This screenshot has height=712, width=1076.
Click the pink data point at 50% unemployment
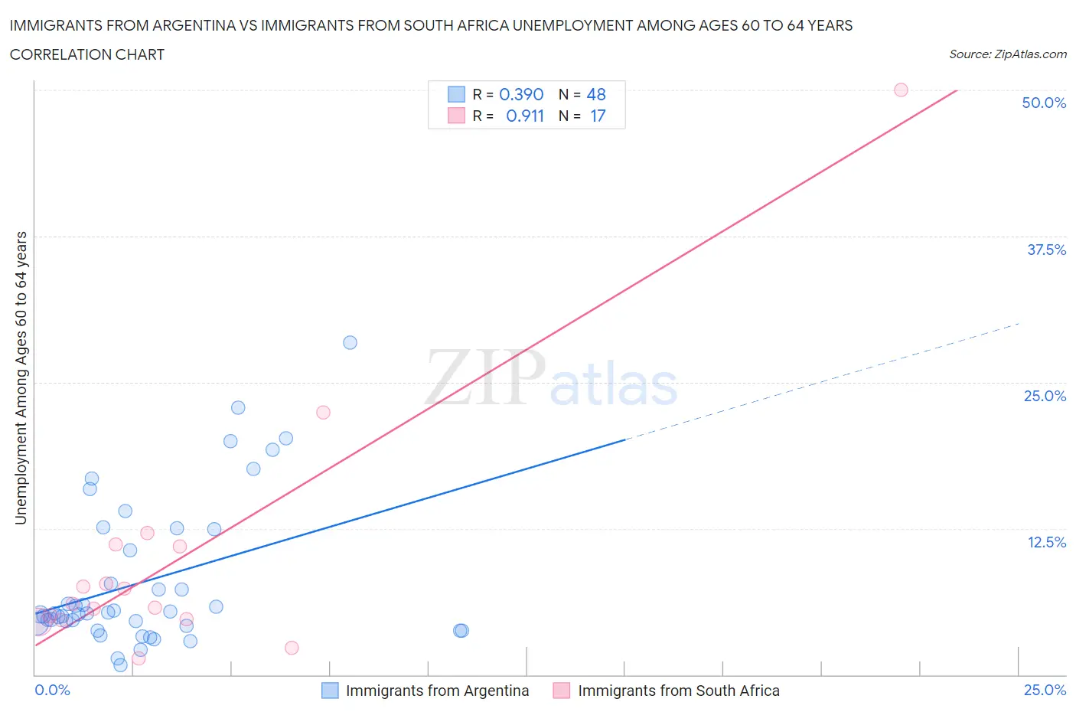(901, 90)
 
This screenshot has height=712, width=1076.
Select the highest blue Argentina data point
(350, 342)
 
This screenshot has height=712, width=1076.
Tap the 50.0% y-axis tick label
(1044, 103)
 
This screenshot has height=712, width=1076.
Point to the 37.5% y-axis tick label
(1046, 250)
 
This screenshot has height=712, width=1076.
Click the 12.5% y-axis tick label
(1046, 542)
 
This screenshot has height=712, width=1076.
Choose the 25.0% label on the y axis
(1045, 396)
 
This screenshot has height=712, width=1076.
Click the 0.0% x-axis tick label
(52, 690)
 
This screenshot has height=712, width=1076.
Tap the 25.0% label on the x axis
(1045, 690)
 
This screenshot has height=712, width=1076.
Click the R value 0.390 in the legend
(521, 94)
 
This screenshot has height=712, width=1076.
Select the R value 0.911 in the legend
(525, 116)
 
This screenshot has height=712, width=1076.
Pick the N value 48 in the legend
(596, 94)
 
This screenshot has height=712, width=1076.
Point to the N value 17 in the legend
(598, 116)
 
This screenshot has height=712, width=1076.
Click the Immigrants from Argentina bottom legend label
(437, 691)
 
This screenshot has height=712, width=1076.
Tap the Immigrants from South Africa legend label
(678, 691)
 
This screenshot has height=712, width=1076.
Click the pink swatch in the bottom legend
(562, 691)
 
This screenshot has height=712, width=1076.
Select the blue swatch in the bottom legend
(330, 691)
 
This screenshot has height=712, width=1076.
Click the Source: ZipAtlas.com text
(1007, 54)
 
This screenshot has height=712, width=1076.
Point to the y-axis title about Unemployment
(21, 377)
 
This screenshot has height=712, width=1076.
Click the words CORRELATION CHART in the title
(87, 54)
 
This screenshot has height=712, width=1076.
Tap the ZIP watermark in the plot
(485, 377)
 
